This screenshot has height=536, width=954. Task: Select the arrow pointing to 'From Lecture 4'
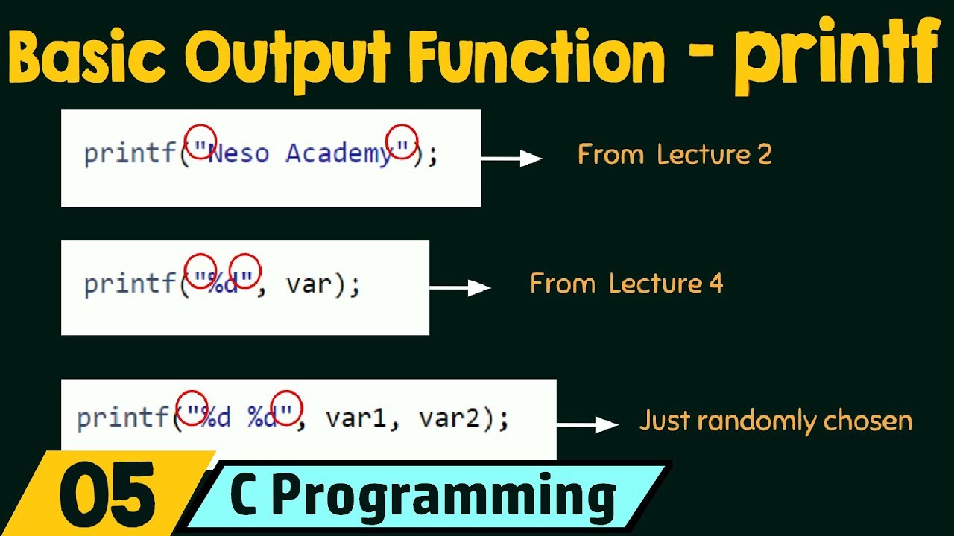pyautogui.click(x=460, y=287)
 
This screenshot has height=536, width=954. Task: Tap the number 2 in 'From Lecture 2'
pyautogui.click(x=763, y=155)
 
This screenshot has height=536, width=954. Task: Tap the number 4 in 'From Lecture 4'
pyautogui.click(x=715, y=284)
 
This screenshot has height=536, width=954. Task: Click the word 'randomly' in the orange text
pyautogui.click(x=758, y=421)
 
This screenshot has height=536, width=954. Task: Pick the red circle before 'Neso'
pyautogui.click(x=200, y=141)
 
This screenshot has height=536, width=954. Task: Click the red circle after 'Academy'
pyautogui.click(x=401, y=141)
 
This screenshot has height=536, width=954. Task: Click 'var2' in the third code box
pyautogui.click(x=449, y=419)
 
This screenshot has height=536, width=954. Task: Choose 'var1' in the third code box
pyautogui.click(x=356, y=419)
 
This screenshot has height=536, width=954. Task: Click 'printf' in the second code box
pyautogui.click(x=129, y=284)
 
